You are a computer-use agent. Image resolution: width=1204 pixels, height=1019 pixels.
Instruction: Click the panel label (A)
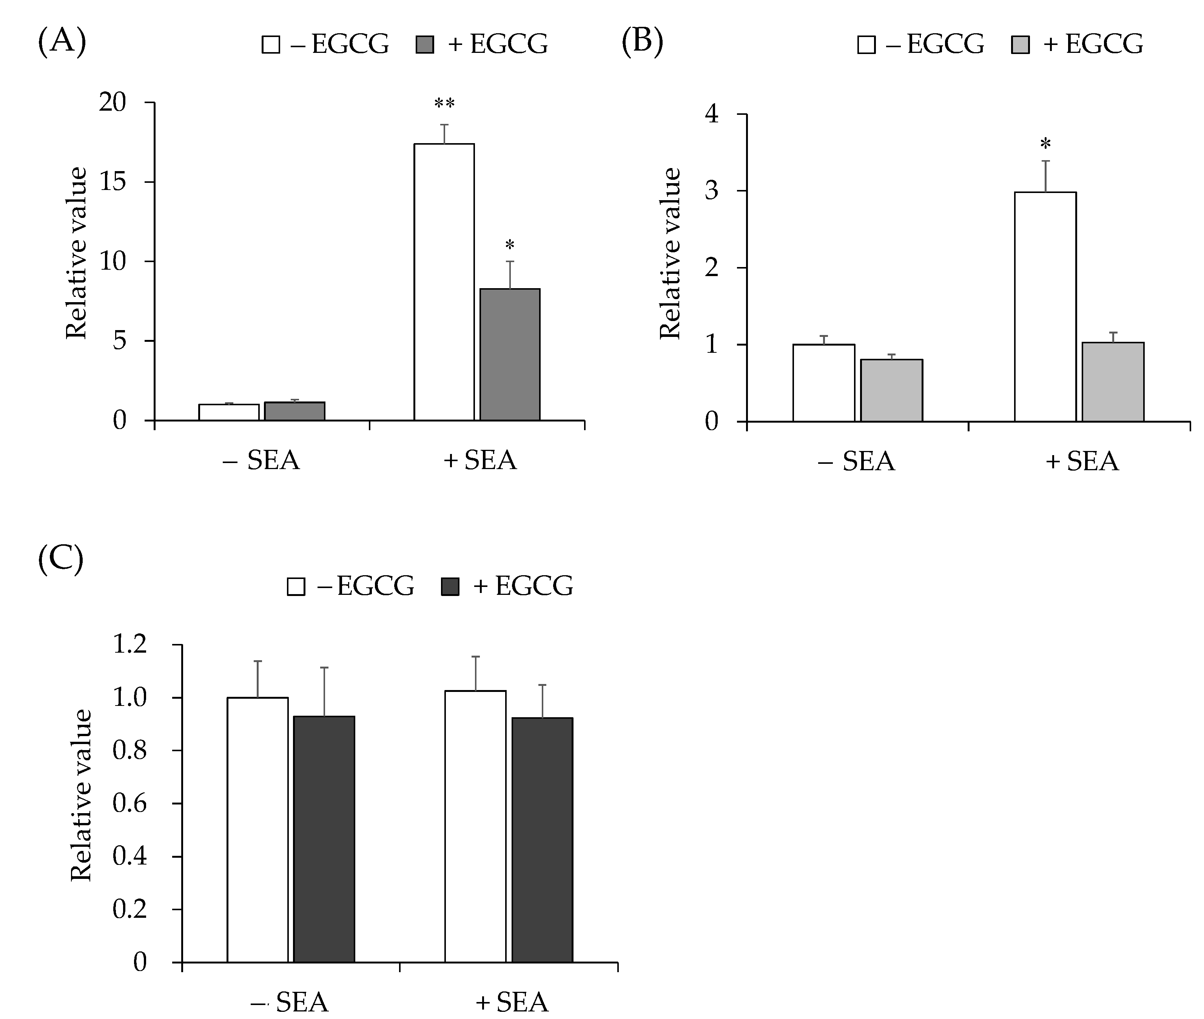click(x=62, y=42)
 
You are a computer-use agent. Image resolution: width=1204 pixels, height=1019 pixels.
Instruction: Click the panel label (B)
click(x=642, y=42)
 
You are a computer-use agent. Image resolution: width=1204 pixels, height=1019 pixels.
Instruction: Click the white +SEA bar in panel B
click(x=1045, y=306)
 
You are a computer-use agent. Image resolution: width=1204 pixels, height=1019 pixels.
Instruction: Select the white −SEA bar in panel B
click(x=823, y=383)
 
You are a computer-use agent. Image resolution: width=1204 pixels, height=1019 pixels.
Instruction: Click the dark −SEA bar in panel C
click(x=324, y=839)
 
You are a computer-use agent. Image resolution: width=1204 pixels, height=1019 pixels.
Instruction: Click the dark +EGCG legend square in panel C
click(x=450, y=586)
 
